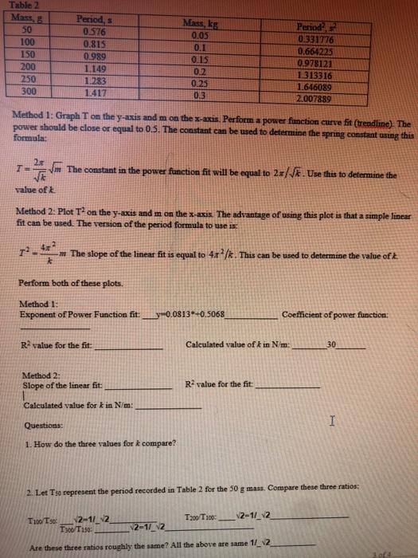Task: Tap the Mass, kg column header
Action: [194, 26]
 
